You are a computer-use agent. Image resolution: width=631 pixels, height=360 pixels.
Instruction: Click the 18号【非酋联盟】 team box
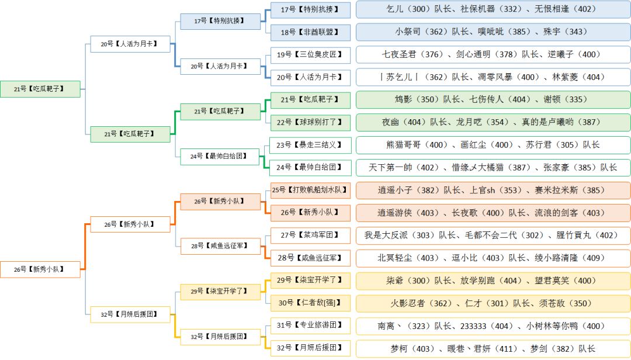coord(310,32)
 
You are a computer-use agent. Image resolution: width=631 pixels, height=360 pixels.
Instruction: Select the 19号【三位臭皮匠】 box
coord(310,54)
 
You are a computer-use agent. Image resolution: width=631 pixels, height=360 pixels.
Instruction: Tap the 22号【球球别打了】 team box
coord(310,122)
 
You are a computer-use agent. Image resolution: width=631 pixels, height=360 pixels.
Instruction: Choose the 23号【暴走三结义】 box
coord(310,144)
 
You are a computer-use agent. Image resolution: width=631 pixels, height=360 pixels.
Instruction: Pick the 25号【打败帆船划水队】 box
coord(310,190)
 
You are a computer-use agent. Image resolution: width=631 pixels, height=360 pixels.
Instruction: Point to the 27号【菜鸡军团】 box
coord(310,235)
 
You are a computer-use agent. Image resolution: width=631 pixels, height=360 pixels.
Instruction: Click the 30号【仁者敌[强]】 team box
coord(310,303)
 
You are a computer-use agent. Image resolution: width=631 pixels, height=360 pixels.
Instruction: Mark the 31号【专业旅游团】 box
coord(310,326)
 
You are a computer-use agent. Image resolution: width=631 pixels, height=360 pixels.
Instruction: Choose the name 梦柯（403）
coord(411,348)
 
